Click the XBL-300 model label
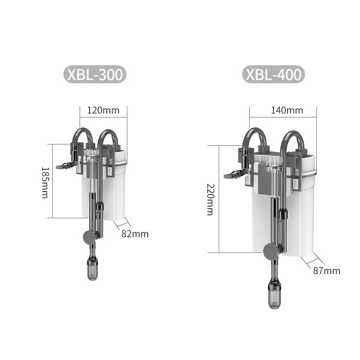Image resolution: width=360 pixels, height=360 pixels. coord(95,74)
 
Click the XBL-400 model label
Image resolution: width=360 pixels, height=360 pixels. coord(274,74)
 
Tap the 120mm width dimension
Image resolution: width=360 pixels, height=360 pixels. coord(103,110)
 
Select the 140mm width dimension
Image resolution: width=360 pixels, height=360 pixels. coord(287,110)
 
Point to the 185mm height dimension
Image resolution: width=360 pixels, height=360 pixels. coord(45,183)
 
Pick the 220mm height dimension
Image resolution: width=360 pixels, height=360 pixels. coord(211,199)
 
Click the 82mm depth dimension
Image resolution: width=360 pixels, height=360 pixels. coord(135,234)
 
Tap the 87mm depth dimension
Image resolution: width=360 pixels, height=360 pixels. coord(327,271)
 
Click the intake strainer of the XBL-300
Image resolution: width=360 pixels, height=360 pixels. coord(93,268)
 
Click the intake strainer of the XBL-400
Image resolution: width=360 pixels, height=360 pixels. coord(274,296)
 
